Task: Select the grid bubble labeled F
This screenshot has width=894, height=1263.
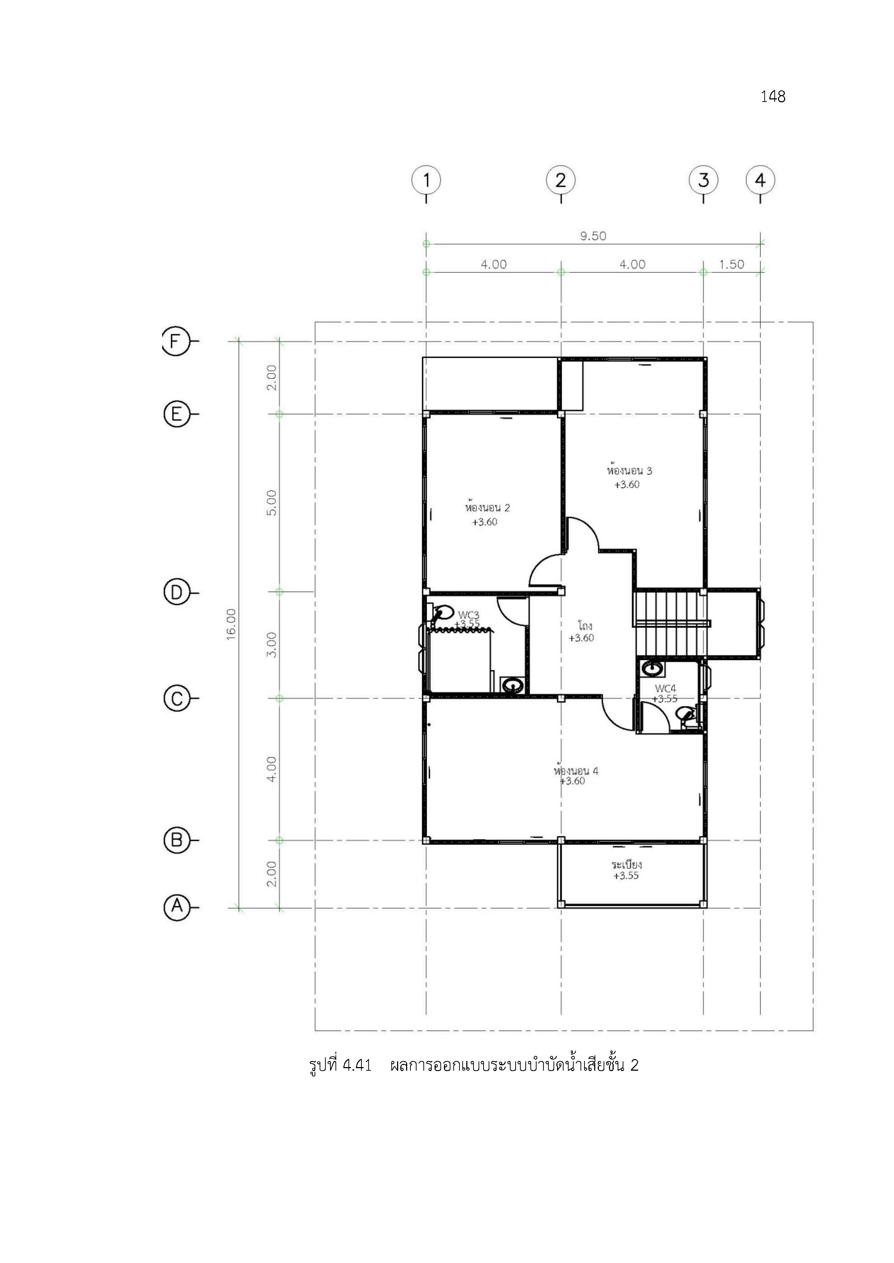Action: [x=175, y=342]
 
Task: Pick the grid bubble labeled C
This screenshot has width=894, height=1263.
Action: [x=177, y=699]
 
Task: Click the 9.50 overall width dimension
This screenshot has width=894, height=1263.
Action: [x=593, y=236]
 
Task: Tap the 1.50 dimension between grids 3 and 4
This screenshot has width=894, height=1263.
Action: [x=731, y=265]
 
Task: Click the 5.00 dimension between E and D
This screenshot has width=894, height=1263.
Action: [x=271, y=503]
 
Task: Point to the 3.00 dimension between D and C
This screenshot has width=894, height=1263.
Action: [x=271, y=645]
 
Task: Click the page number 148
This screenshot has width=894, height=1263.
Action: [x=773, y=97]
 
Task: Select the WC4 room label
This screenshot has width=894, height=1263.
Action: [x=666, y=689]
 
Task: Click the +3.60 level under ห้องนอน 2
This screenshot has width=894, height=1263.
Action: [x=484, y=522]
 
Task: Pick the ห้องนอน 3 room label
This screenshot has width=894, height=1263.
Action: [x=629, y=470]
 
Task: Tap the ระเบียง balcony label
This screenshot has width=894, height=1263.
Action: [x=627, y=864]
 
